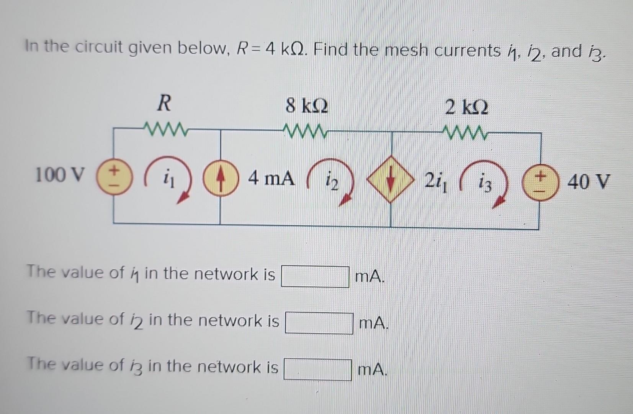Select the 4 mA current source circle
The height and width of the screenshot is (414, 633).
coord(220,179)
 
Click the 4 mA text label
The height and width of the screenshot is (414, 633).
coord(272,178)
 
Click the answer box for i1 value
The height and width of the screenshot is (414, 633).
coord(315,276)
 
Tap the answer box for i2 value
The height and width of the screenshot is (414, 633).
coord(319,323)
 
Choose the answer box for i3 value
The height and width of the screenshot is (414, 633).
coord(317,369)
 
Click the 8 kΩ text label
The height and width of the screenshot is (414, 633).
coord(307,105)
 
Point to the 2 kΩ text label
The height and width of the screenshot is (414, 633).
coord(466,108)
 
